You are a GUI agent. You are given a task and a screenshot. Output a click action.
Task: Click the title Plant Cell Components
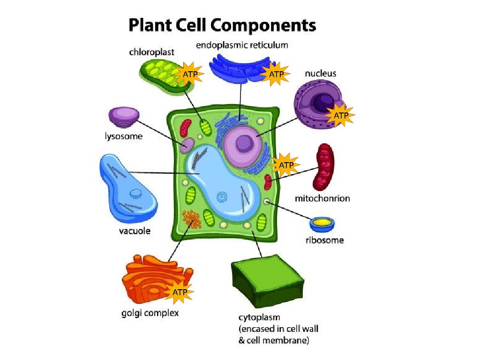pyautogui.click(x=222, y=25)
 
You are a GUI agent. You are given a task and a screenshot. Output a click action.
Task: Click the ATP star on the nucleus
pyautogui.click(x=341, y=115)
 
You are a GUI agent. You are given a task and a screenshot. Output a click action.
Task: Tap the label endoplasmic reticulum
pyautogui.click(x=241, y=45)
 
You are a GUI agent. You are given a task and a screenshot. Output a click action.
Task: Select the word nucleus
pyautogui.click(x=320, y=74)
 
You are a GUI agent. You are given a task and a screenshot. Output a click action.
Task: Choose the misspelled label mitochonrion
pyautogui.click(x=322, y=198)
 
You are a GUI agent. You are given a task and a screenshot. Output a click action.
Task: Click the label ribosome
pyautogui.click(x=324, y=240)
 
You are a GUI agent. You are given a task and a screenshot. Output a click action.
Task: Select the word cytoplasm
pyautogui.click(x=259, y=317)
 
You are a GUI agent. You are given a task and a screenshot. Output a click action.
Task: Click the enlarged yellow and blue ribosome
pyautogui.click(x=322, y=223)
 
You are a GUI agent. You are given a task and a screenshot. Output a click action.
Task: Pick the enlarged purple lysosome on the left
pyautogui.click(x=123, y=117)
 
